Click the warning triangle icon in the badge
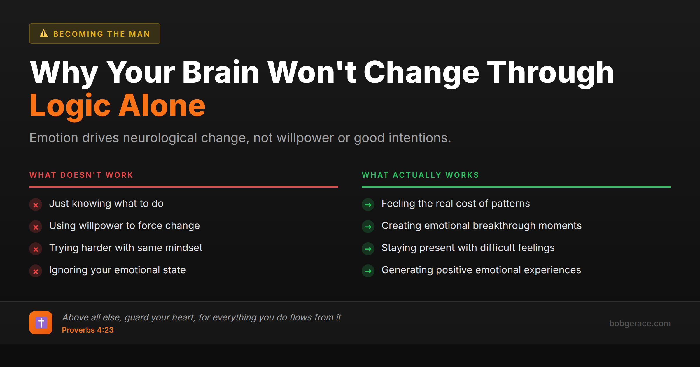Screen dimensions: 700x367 point(44,33)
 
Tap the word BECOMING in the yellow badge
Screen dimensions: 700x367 point(78,34)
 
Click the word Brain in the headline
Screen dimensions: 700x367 point(220,72)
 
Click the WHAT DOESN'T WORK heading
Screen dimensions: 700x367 point(81,175)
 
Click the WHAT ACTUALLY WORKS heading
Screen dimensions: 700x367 point(420,175)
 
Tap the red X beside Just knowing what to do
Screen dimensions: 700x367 point(36,205)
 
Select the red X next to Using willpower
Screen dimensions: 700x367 point(36,227)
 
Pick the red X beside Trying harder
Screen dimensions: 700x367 point(36,249)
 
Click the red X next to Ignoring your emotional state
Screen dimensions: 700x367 point(36,271)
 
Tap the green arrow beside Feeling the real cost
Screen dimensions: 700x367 point(368,205)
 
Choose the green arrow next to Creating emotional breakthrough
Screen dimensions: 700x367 point(368,227)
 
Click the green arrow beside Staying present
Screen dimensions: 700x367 point(368,249)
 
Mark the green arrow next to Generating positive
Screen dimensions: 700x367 point(368,271)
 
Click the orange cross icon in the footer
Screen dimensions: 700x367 point(41,323)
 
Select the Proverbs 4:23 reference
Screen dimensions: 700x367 point(88,330)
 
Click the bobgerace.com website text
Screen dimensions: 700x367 point(640,323)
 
